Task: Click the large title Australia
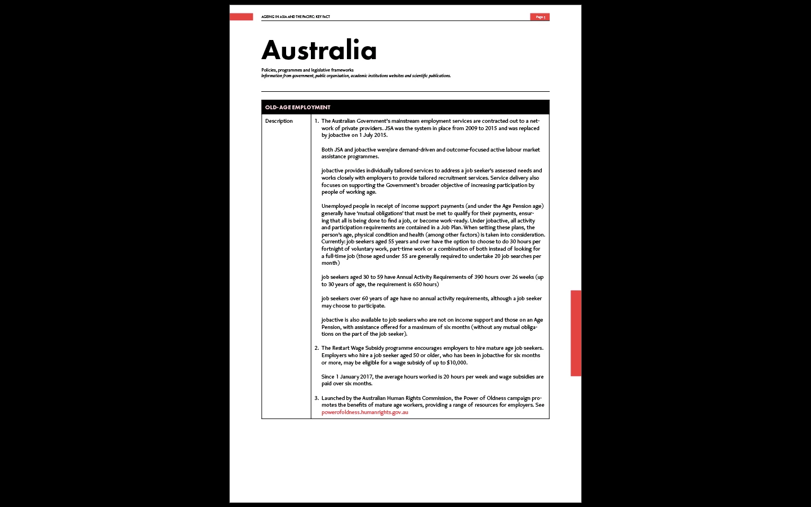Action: [x=319, y=50]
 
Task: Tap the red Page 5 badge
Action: [x=540, y=17]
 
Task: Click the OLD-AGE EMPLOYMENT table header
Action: [x=298, y=107]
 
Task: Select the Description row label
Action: [x=279, y=121]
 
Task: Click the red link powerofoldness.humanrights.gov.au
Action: [x=364, y=412]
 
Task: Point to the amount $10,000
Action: [x=457, y=363]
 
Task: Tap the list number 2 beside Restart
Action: [x=317, y=348]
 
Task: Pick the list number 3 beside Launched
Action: [x=317, y=398]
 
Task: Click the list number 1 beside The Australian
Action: [x=317, y=121]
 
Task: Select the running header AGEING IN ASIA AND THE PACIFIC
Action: [x=295, y=17]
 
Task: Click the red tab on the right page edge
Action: [x=576, y=333]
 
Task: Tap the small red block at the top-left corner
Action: [x=241, y=17]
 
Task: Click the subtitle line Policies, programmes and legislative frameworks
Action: [x=308, y=70]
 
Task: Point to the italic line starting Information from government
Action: [x=355, y=76]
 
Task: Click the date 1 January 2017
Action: [x=354, y=377]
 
